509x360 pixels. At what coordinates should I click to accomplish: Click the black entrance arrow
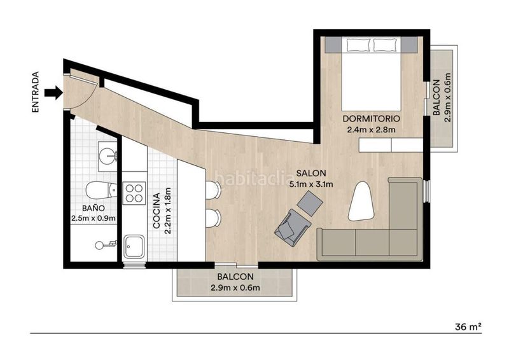pos(53,92)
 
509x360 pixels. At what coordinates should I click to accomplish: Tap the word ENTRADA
pos(36,92)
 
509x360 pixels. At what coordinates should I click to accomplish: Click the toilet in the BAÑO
pos(101,190)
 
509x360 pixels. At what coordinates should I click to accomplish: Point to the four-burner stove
pos(134,193)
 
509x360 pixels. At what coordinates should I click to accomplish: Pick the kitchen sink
pos(134,246)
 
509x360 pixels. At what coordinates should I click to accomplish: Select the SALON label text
pos(311,174)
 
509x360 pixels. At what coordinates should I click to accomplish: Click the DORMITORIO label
pos(372,118)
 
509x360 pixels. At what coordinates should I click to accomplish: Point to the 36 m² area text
pos(468,327)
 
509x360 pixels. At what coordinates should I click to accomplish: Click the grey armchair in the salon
pos(292,227)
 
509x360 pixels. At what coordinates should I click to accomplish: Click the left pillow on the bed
pos(359,45)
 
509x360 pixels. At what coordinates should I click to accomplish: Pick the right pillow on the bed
pos(386,45)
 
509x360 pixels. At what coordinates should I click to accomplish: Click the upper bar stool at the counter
pos(213,190)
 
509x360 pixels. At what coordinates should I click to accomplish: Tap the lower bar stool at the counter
pos(213,218)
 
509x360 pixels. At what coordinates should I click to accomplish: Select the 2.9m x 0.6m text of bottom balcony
pos(235,287)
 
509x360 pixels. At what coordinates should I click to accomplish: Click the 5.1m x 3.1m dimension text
pos(311,184)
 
